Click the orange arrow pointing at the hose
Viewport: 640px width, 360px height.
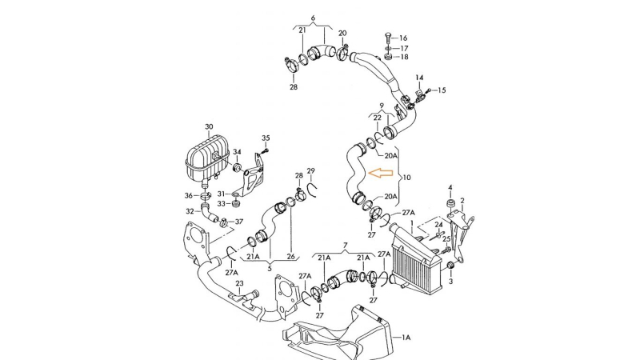[x=381, y=174]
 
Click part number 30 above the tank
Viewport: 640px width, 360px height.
[x=209, y=127]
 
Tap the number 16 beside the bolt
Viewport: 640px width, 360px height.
[x=403, y=38]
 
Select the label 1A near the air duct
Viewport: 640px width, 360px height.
[x=406, y=338]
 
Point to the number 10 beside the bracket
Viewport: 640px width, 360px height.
[x=406, y=178]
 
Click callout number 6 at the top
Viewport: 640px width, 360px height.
[x=313, y=18]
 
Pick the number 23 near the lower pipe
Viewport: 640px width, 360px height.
[x=239, y=283]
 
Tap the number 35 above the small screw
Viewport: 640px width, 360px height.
[x=266, y=138]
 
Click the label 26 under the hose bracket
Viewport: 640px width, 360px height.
[x=290, y=257]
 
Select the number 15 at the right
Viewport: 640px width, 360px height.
[x=442, y=90]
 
